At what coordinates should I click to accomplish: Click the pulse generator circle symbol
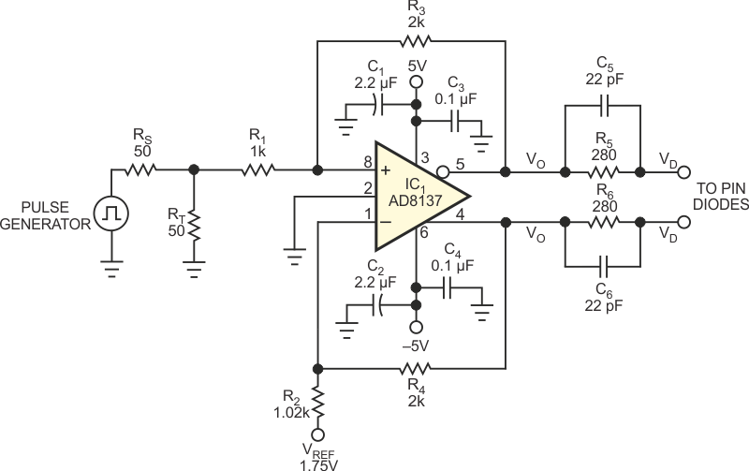[x=111, y=213]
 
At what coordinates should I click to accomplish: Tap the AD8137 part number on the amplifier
[x=415, y=200]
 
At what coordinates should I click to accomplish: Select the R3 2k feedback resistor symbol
[x=416, y=41]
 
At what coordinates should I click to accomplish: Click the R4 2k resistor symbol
[x=416, y=368]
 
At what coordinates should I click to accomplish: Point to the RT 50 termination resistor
[x=194, y=225]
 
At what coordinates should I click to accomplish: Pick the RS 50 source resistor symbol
[x=141, y=169]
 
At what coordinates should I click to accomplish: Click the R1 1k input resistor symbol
[x=258, y=169]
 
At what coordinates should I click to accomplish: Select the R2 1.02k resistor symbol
[x=317, y=403]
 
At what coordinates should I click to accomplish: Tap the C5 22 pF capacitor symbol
[x=604, y=106]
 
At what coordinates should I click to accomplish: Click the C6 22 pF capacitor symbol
[x=604, y=266]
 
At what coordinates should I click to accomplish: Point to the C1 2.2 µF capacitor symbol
[x=377, y=105]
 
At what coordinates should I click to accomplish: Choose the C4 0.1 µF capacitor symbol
[x=448, y=287]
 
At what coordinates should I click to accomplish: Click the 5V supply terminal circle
[x=417, y=81]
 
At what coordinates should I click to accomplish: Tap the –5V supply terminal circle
[x=417, y=327]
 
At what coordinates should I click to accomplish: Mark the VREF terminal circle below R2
[x=317, y=434]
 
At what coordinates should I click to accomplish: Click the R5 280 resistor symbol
[x=604, y=172]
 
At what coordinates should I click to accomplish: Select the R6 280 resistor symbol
[x=604, y=222]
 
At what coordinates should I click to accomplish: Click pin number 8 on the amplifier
[x=368, y=162]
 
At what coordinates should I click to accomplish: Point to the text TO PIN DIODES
[x=721, y=196]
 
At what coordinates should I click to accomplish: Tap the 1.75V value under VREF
[x=319, y=465]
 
